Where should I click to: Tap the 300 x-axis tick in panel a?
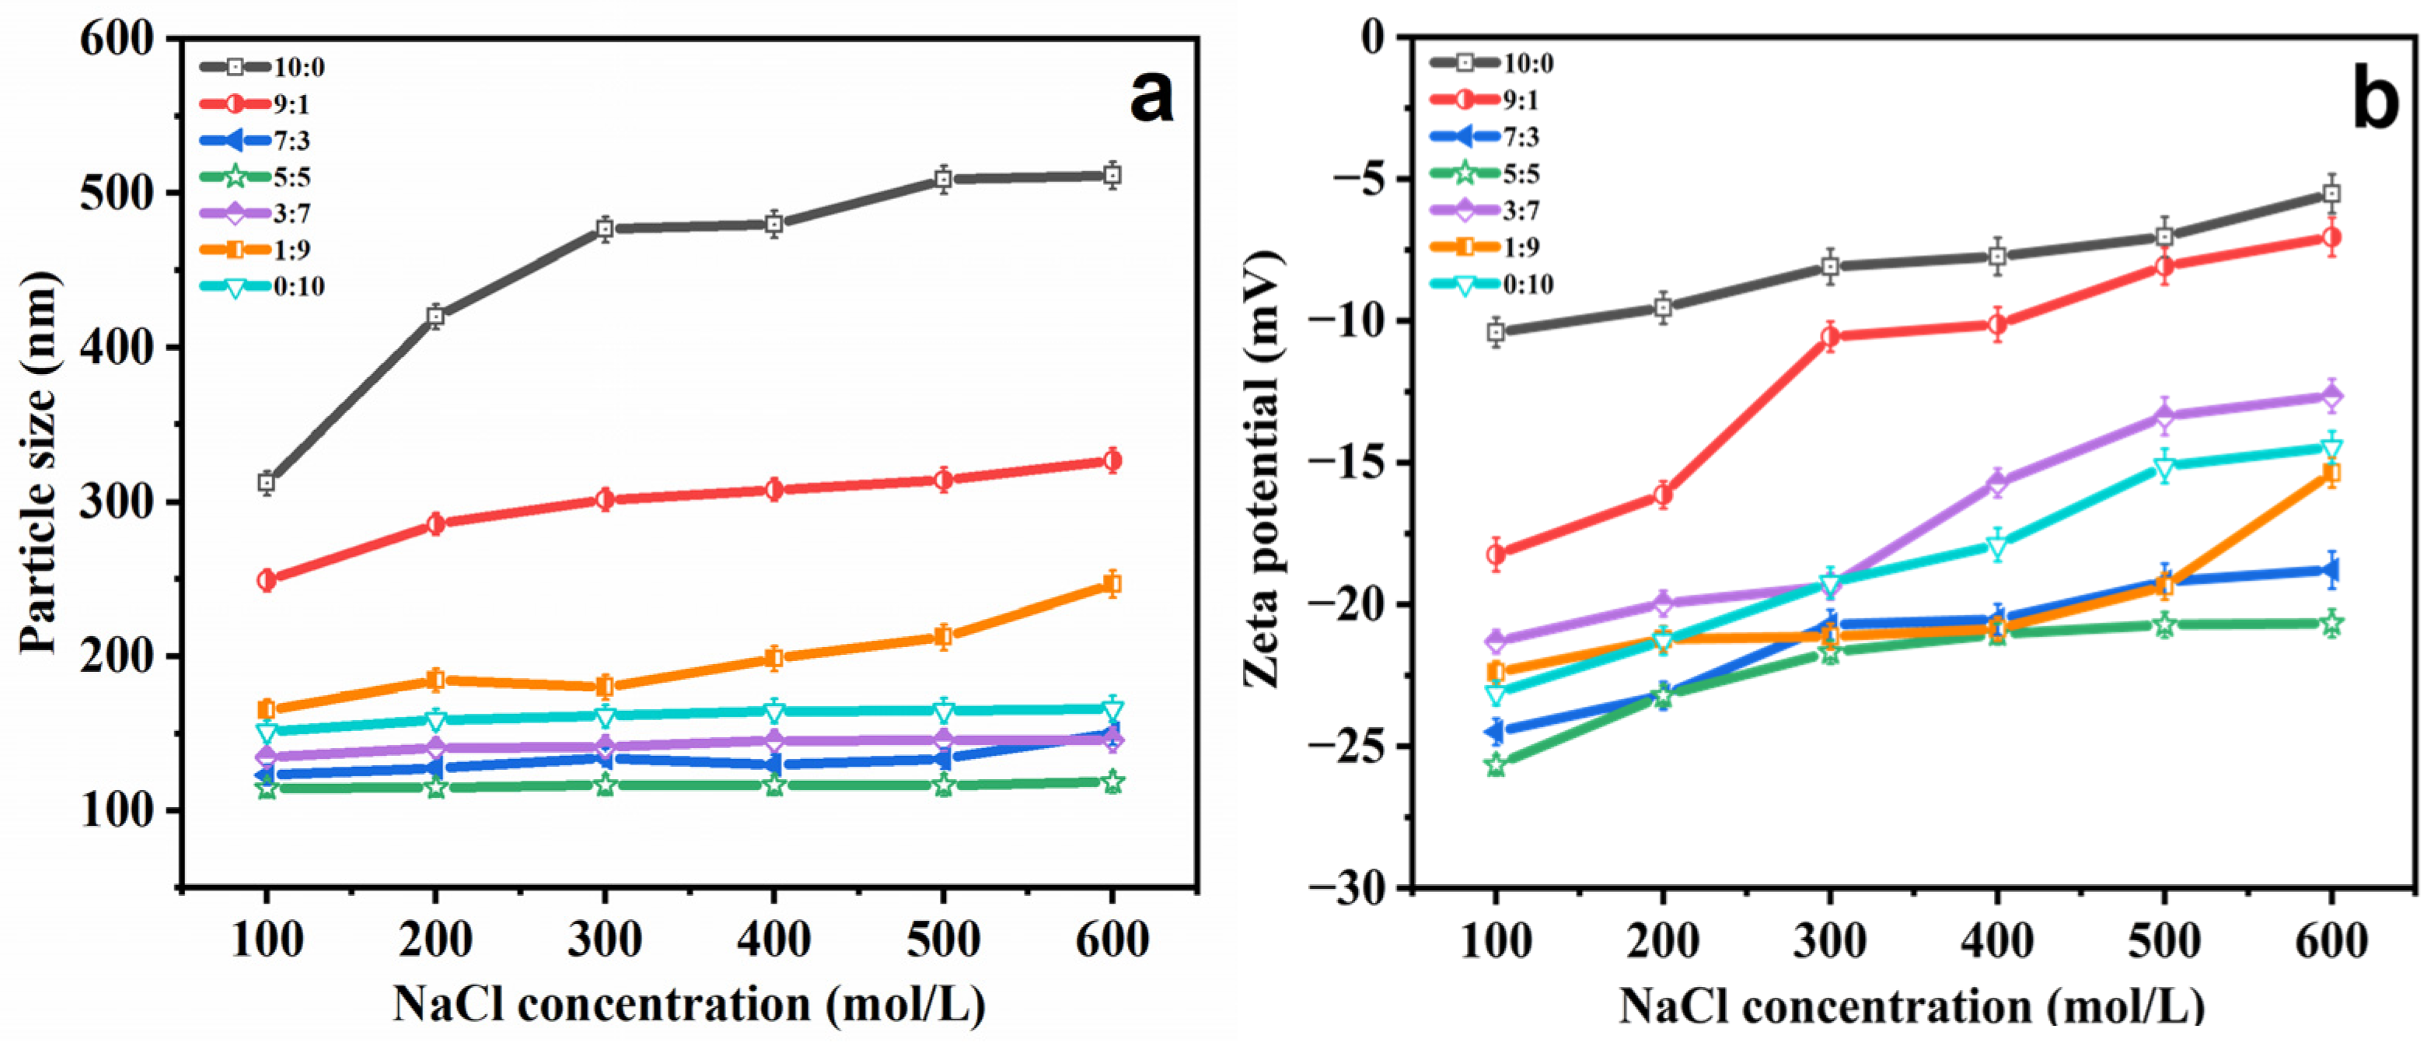pos(605,940)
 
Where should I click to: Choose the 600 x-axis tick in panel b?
pos(2331,940)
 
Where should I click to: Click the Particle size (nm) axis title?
pos(40,463)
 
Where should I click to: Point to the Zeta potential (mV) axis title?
pos(1264,470)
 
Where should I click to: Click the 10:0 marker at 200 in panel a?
pos(435,317)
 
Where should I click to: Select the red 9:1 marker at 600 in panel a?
pos(1112,461)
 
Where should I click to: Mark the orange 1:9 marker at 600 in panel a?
pos(1112,585)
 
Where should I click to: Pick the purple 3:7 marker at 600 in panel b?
pos(2331,396)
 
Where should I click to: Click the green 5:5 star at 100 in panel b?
pos(1496,764)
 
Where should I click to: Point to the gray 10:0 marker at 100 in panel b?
pos(1496,331)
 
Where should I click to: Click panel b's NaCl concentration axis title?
pos(1912,1006)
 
